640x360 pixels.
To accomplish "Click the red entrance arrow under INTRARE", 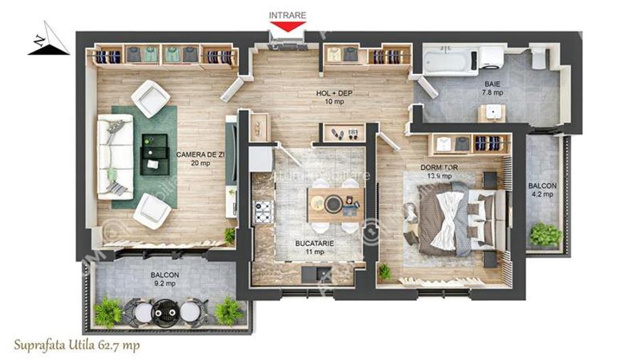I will [x=287, y=26].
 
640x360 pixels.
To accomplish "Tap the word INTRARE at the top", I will [x=287, y=14].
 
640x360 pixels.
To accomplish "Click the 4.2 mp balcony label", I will [x=542, y=191].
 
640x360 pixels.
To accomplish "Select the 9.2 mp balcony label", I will [x=164, y=278].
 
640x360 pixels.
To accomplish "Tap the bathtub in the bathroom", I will [x=446, y=60].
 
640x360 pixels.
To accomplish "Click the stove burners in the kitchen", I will [x=263, y=210].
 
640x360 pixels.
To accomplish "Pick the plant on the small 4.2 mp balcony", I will [x=545, y=234].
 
